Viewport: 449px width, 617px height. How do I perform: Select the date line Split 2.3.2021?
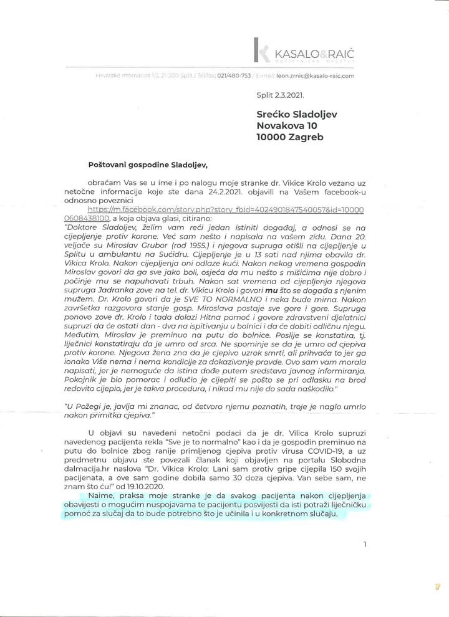[x=281, y=97]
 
